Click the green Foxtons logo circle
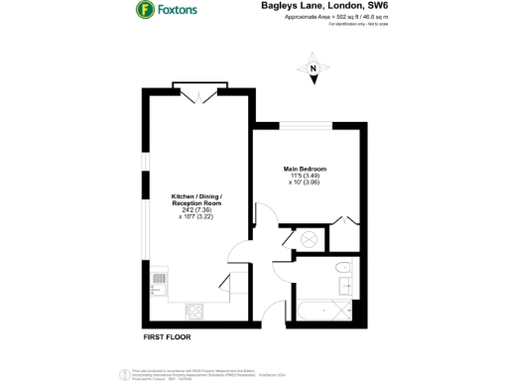point(145,12)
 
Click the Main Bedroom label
point(305,170)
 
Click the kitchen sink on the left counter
point(157,289)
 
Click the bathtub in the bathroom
point(310,312)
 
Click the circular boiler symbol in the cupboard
point(307,239)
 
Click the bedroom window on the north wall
point(305,125)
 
